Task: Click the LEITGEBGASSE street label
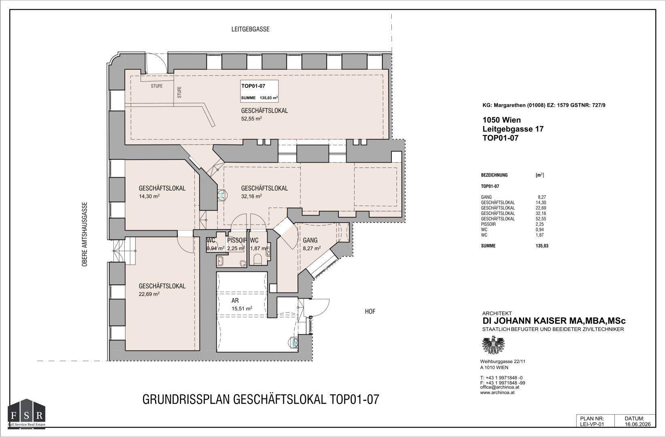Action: pyautogui.click(x=250, y=29)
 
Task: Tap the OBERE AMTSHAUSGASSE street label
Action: pyautogui.click(x=85, y=235)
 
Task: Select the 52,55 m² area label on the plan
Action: pyautogui.click(x=251, y=119)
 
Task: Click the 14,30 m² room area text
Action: pyautogui.click(x=149, y=196)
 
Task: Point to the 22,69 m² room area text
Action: pyautogui.click(x=149, y=294)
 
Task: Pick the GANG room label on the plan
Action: pyautogui.click(x=310, y=240)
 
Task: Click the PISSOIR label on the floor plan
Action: pyautogui.click(x=237, y=240)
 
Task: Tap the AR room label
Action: pyautogui.click(x=235, y=301)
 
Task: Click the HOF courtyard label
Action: pyautogui.click(x=370, y=312)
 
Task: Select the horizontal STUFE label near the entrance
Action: pyautogui.click(x=157, y=86)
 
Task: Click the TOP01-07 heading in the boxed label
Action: pyautogui.click(x=253, y=86)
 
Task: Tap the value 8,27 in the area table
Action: pyautogui.click(x=542, y=197)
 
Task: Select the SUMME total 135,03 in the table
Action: pyautogui.click(x=542, y=246)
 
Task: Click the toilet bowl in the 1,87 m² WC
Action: pyautogui.click(x=257, y=259)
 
